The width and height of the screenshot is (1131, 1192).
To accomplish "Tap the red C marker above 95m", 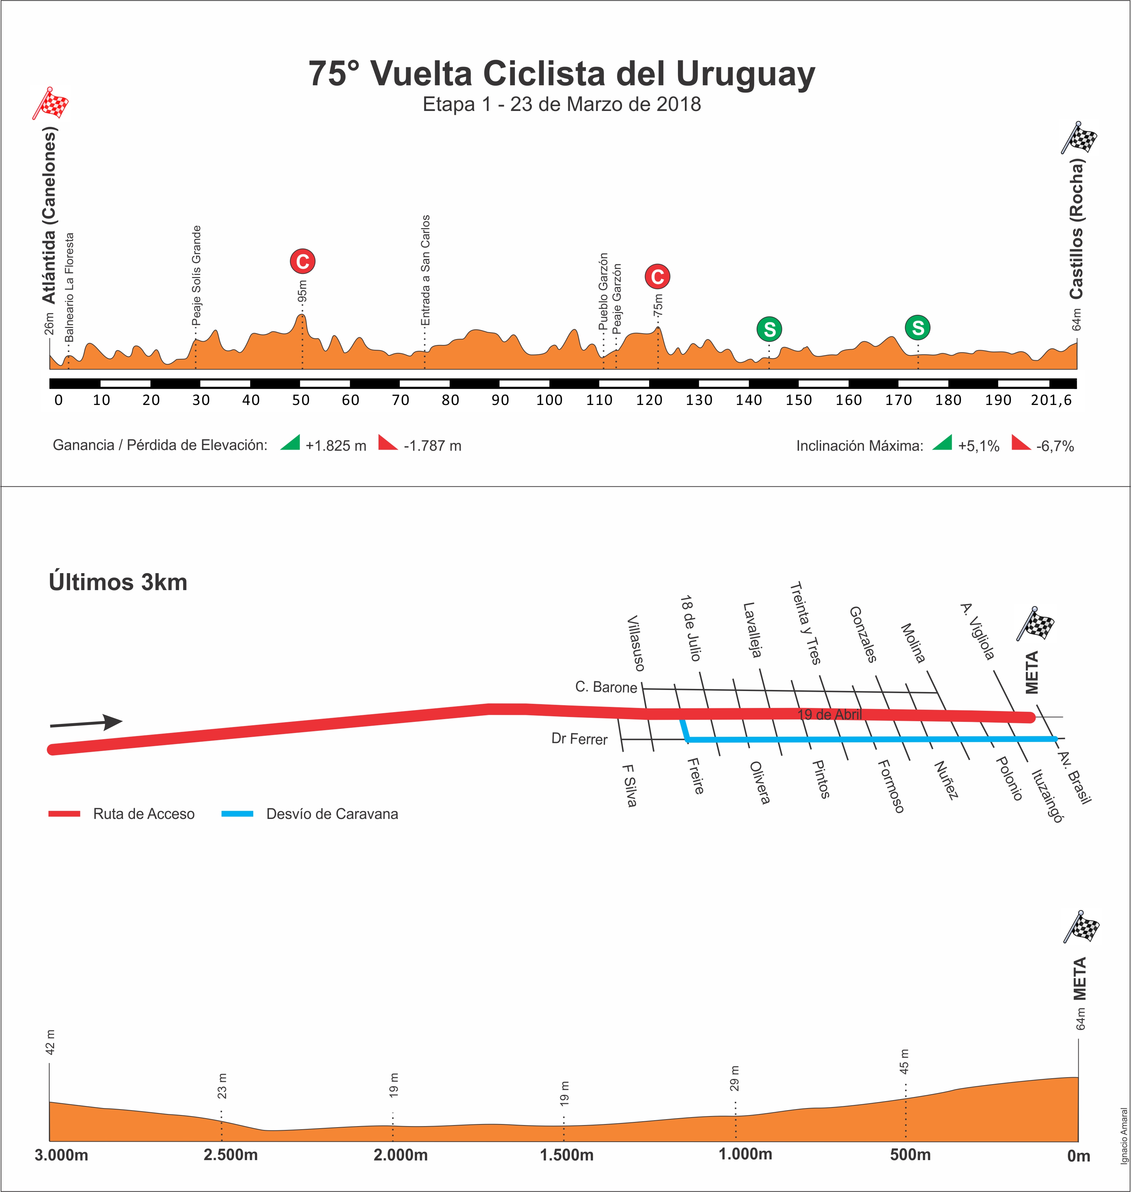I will click(x=303, y=261).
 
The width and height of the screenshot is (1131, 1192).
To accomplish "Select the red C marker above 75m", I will click(x=657, y=277).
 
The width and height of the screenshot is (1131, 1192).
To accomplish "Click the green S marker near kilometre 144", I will click(x=769, y=329).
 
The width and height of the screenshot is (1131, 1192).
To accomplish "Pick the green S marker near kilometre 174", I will click(x=918, y=328).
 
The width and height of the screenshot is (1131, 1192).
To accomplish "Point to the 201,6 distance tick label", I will click(x=1052, y=400).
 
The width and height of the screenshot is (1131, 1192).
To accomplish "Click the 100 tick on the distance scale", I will click(x=549, y=400).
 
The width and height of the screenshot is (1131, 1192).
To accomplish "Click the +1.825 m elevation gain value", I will click(x=336, y=446).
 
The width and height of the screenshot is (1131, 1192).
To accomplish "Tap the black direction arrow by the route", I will click(x=86, y=722).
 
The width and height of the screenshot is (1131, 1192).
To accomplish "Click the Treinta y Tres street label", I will click(x=806, y=623).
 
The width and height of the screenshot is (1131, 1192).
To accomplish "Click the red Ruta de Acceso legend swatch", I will click(x=65, y=814).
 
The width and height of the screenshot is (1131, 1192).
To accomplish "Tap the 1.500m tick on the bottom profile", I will click(x=566, y=1155).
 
